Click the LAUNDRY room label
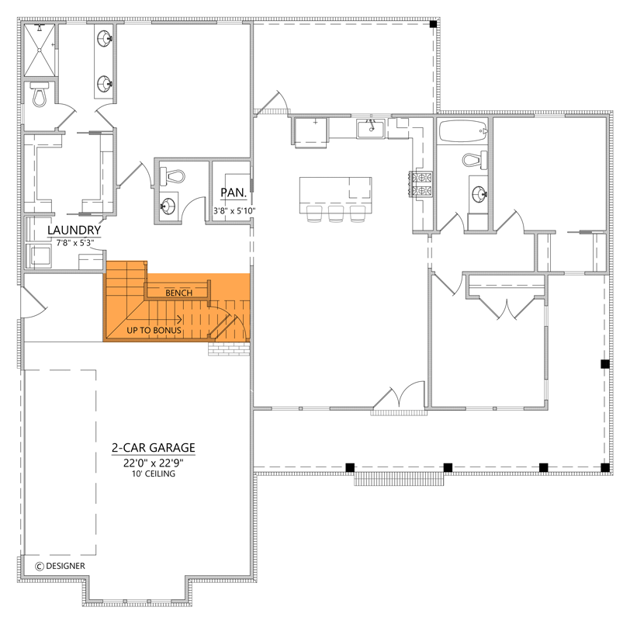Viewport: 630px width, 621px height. point(74,231)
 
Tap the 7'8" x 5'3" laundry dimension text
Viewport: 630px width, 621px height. point(74,243)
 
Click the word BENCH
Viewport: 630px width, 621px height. point(178,293)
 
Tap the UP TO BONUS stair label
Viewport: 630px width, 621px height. point(154,331)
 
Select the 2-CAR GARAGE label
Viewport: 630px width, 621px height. point(153,448)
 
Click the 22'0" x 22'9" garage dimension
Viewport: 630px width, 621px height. point(152,462)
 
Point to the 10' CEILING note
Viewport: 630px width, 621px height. point(153,474)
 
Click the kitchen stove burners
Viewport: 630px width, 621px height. point(422,183)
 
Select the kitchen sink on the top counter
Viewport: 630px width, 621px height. point(371,127)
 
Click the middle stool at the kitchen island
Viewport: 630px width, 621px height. point(337,214)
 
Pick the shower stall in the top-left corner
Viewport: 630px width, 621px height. point(40,50)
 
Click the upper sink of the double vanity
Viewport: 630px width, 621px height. point(105,36)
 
